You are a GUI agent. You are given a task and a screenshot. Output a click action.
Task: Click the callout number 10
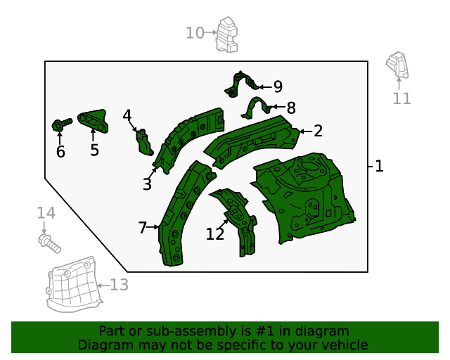coord(195,32)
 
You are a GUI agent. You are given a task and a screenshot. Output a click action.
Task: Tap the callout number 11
coord(401,98)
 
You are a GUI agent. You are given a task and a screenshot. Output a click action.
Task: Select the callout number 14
coord(46,213)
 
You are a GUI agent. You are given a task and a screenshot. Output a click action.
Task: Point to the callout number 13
coord(119,285)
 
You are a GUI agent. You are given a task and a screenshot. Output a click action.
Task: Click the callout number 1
coord(379,167)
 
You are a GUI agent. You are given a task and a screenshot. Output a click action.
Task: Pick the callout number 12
coord(215,234)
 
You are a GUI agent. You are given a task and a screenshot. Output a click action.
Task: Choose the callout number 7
coord(143,227)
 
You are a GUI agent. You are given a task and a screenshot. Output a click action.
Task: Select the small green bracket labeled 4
coord(145,141)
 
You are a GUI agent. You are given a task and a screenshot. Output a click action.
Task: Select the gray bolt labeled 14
coord(49,243)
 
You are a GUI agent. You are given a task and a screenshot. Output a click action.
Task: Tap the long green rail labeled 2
coord(253,136)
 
